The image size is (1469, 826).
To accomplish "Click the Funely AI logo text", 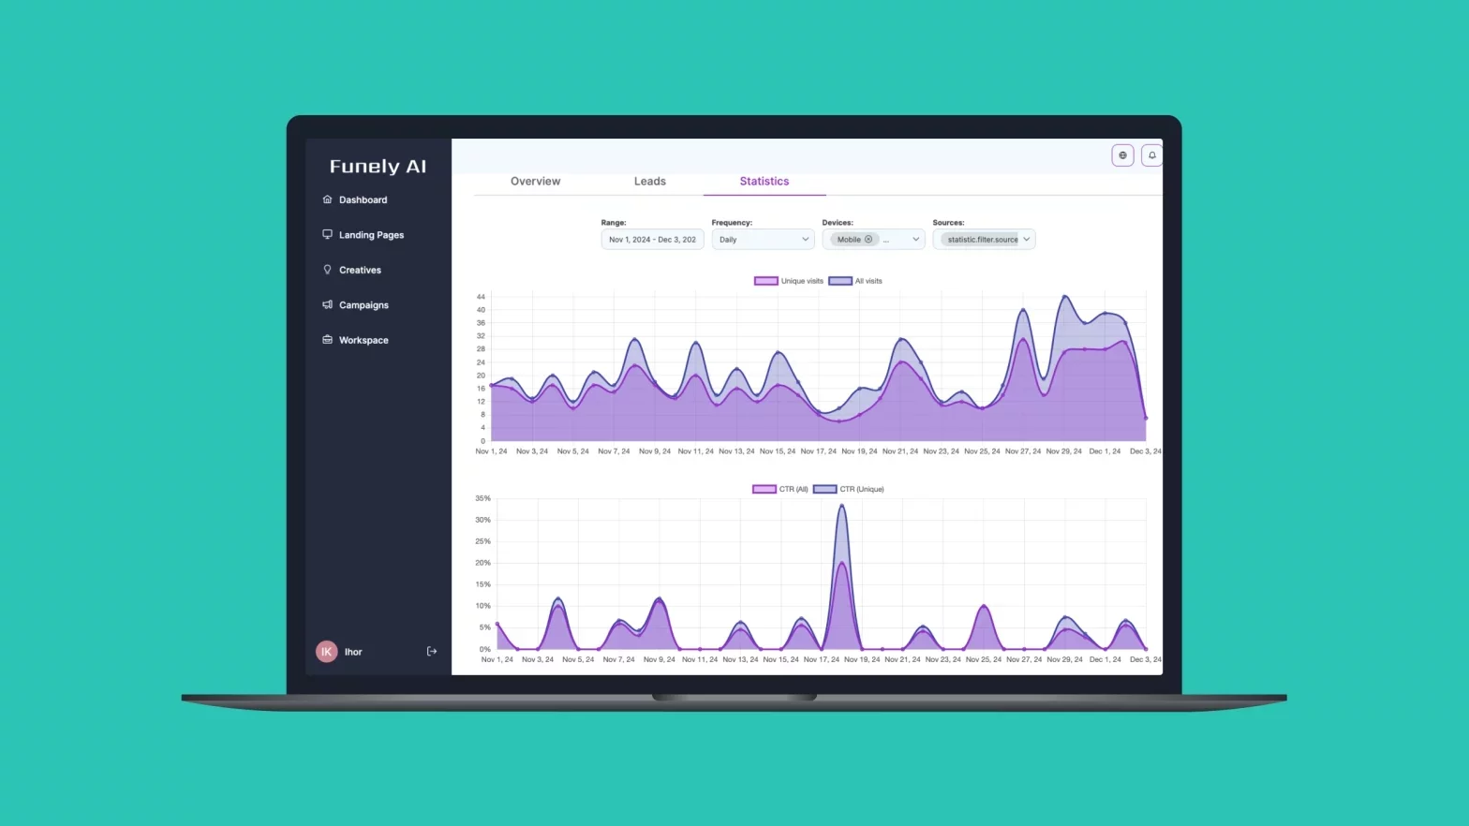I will click(378, 167).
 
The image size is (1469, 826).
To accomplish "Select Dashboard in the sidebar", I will click(363, 200).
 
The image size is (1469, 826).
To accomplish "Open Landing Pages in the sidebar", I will click(371, 235).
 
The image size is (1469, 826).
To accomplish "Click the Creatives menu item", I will click(360, 271).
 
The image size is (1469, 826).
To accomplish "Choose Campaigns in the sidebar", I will click(364, 305).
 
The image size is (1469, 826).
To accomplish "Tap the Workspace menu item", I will click(364, 341).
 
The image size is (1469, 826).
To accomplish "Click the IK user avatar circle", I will click(326, 652).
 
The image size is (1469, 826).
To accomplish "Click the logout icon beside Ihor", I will click(432, 652).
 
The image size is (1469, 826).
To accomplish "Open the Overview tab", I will click(535, 182).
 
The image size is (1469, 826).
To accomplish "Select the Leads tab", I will click(649, 182).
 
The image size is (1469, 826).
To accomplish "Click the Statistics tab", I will click(764, 182).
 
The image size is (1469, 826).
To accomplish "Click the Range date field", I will click(652, 240).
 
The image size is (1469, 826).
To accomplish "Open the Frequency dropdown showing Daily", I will click(763, 240).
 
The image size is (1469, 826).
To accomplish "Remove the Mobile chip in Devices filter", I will click(868, 240).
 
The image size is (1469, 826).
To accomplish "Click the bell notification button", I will click(1151, 155).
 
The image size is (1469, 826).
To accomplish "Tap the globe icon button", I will click(1122, 155).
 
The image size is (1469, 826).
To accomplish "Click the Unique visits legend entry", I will click(789, 281).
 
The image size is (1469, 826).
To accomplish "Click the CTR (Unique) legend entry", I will click(849, 489).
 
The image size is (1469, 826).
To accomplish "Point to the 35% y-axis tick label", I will click(482, 498).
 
